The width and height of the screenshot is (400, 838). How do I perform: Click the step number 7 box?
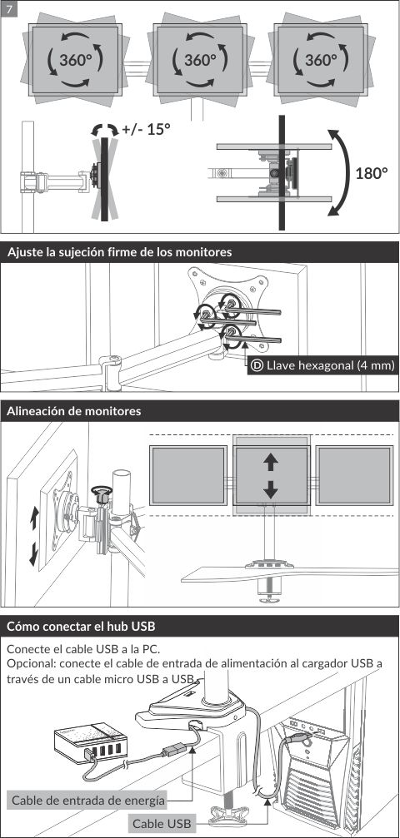click(x=10, y=9)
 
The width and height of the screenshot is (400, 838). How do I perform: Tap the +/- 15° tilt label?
click(x=145, y=129)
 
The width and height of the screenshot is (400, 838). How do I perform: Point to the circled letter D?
click(x=257, y=365)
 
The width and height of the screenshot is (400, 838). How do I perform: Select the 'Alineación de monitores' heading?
click(x=74, y=412)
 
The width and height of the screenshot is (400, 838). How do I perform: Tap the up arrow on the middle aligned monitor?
click(x=271, y=462)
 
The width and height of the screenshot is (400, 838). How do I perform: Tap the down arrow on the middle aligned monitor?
click(x=271, y=488)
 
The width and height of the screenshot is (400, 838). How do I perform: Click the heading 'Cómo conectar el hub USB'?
click(x=81, y=626)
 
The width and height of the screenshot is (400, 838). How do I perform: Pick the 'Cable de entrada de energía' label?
click(x=88, y=800)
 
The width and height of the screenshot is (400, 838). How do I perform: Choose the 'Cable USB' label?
click(x=162, y=823)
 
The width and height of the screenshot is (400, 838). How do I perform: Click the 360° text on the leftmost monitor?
click(x=76, y=60)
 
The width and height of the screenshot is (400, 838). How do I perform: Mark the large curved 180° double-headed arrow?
click(x=345, y=172)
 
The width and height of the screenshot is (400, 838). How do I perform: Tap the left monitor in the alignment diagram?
click(x=188, y=476)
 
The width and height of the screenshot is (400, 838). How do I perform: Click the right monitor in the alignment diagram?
click(x=354, y=476)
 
